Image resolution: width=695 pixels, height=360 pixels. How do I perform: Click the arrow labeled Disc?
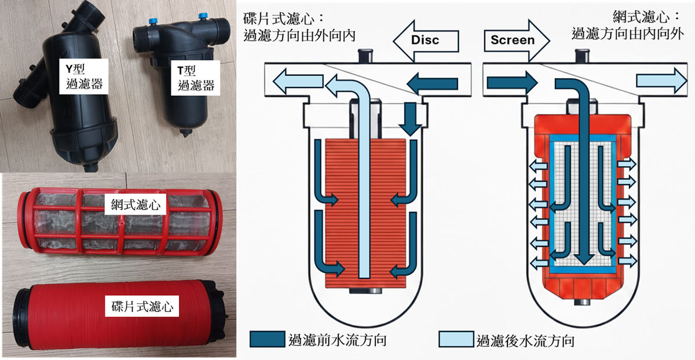[426, 40]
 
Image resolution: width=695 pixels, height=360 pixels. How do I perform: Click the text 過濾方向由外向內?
[300, 36]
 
